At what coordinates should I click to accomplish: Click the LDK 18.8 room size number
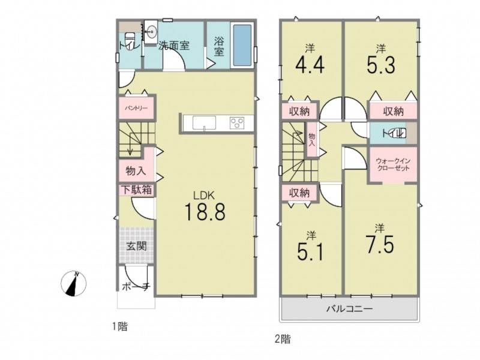point(205,212)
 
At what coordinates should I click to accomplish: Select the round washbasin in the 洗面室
point(151,31)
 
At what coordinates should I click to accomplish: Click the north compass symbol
point(74,283)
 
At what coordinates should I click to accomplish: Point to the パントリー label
point(136,109)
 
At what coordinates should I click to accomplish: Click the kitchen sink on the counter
point(204,123)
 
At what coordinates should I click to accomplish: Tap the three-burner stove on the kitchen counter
point(237,123)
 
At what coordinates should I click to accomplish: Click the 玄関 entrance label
point(137,245)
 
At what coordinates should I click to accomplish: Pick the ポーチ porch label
point(136,287)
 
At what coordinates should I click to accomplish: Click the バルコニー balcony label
point(349,308)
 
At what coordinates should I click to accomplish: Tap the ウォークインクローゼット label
point(393,164)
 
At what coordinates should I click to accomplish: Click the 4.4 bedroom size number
point(310,65)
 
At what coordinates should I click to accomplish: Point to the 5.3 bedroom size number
point(381,65)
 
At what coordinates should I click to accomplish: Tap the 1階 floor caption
point(119,326)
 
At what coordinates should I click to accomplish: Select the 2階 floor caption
point(283,339)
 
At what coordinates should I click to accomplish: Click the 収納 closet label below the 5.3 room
point(394,112)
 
